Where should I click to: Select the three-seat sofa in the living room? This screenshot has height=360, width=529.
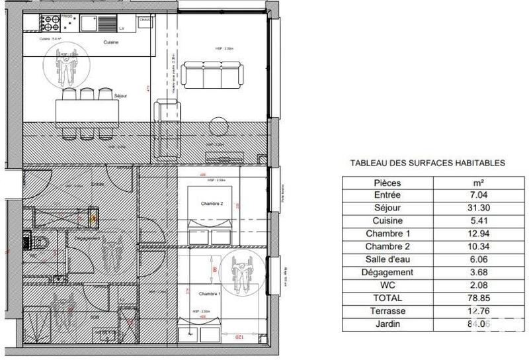pyautogui.click(x=212, y=73)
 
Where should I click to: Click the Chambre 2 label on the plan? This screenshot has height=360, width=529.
pyautogui.click(x=212, y=205)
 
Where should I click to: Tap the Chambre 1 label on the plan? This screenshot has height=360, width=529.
pyautogui.click(x=208, y=294)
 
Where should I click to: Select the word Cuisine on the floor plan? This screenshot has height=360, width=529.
pyautogui.click(x=111, y=42)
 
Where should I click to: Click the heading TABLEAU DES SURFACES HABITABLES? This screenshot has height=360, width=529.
pyautogui.click(x=427, y=162)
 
